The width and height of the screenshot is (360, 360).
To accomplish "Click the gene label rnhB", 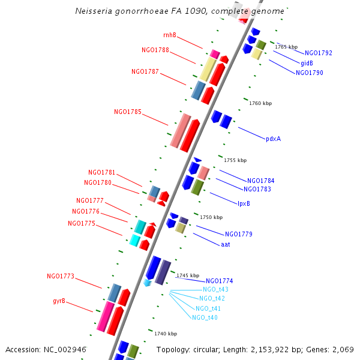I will pyautogui.click(x=170, y=35).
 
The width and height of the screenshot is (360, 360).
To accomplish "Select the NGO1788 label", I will pyautogui.click(x=155, y=50).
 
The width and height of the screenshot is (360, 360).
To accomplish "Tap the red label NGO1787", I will pyautogui.click(x=145, y=72).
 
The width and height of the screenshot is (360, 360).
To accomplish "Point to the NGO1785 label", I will pyautogui.click(x=128, y=112).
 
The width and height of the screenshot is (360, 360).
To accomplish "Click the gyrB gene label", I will pyautogui.click(x=59, y=301).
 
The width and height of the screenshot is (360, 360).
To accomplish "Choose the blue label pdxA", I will pyautogui.click(x=273, y=139).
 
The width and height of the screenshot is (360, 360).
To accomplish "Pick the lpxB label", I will pyautogui.click(x=244, y=203).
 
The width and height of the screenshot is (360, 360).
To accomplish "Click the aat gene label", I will pyautogui.click(x=226, y=244).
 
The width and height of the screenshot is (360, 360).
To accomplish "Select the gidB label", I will pyautogui.click(x=307, y=63).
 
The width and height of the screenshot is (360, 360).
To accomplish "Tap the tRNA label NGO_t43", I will pyautogui.click(x=215, y=290).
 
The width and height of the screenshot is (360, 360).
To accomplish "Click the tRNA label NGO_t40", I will pyautogui.click(x=205, y=317).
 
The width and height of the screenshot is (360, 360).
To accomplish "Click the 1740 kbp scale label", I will pyautogui.click(x=166, y=334).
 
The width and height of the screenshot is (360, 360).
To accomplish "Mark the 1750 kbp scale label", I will pyautogui.click(x=211, y=217).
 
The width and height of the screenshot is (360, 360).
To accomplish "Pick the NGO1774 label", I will pyautogui.click(x=220, y=281).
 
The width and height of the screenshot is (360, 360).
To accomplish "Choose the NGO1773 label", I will pyautogui.click(x=61, y=277).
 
